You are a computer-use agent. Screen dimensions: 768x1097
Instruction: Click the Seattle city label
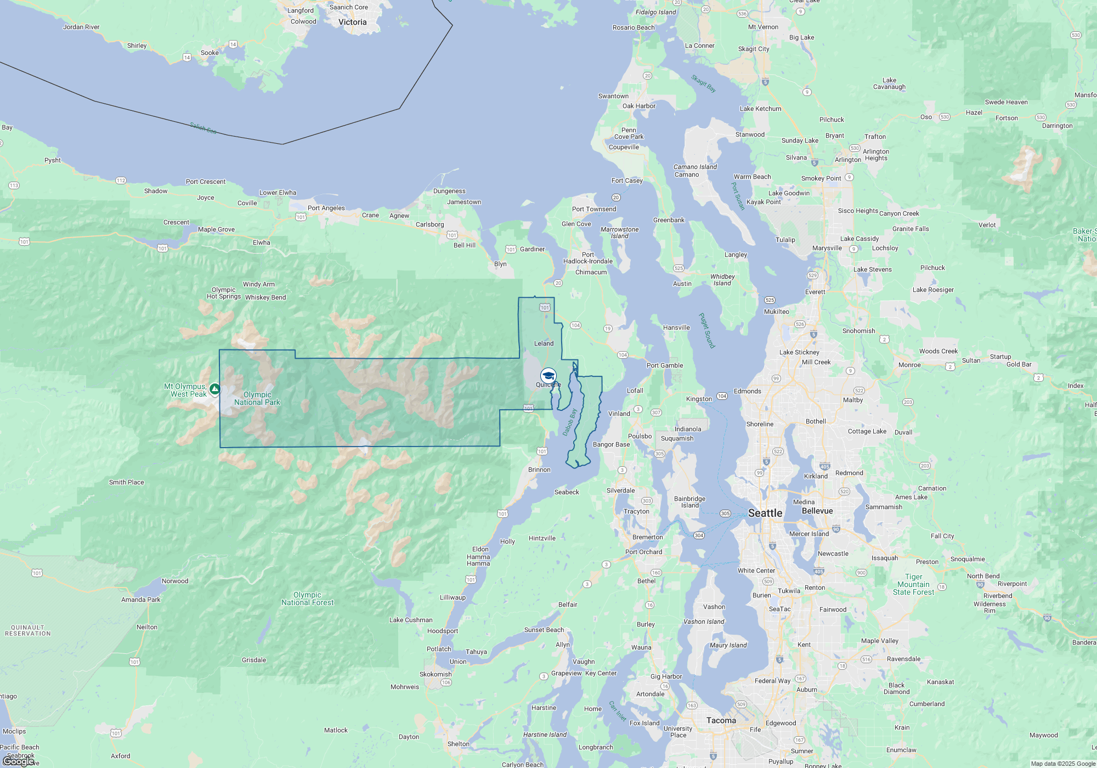[765, 513]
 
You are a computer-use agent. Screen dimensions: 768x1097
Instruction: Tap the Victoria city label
[352, 22]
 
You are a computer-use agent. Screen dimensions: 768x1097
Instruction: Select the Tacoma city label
[721, 720]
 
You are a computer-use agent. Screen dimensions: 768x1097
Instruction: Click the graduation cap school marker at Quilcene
[548, 376]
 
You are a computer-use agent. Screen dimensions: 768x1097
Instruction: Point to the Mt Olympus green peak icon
[215, 389]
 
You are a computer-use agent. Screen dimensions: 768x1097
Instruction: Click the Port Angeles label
[326, 208]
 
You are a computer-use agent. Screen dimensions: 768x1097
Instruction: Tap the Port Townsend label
[594, 209]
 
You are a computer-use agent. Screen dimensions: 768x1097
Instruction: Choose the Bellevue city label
[817, 511]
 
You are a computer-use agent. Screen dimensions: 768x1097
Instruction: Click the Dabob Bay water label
[570, 422]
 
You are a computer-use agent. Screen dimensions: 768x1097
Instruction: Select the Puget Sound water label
[706, 331]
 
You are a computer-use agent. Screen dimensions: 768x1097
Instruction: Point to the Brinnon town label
[539, 470]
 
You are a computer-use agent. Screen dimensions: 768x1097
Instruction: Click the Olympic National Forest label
[307, 598]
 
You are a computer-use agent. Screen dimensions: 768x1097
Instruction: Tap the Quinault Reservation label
[28, 630]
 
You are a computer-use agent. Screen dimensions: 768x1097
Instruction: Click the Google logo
[19, 761]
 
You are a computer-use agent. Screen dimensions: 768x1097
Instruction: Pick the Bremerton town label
[647, 537]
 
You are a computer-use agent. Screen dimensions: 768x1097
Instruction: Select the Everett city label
[815, 292]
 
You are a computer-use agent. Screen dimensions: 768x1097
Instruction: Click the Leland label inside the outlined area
[544, 343]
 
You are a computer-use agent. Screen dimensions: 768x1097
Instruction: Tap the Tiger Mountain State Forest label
[913, 584]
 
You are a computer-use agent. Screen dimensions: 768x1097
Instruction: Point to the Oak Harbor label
[638, 106]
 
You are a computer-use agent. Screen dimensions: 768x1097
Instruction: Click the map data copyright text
[1062, 764]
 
